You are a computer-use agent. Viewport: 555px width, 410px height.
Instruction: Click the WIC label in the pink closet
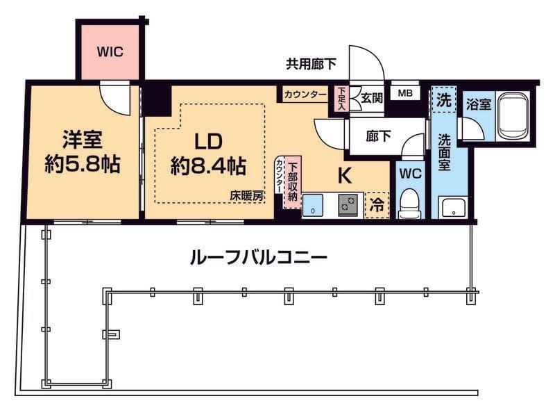[110, 51]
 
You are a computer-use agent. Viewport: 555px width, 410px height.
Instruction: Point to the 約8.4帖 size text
[208, 165]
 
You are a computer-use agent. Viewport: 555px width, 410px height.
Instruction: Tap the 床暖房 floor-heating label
[247, 197]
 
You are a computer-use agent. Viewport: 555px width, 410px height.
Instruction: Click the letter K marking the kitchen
[344, 176]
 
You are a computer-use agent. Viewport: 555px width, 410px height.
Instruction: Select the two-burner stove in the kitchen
[348, 205]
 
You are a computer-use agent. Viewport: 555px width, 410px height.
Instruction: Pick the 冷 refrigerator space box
[377, 204]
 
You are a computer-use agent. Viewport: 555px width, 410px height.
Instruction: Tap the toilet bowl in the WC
[411, 202]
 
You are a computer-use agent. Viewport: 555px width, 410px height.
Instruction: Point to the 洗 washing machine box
[443, 100]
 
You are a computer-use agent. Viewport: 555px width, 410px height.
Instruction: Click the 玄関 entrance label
[371, 97]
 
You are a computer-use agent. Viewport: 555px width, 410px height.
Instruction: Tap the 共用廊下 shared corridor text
[311, 65]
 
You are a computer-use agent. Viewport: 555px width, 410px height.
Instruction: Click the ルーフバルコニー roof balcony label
[258, 257]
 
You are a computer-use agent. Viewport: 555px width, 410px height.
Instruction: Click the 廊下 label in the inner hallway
[378, 136]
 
